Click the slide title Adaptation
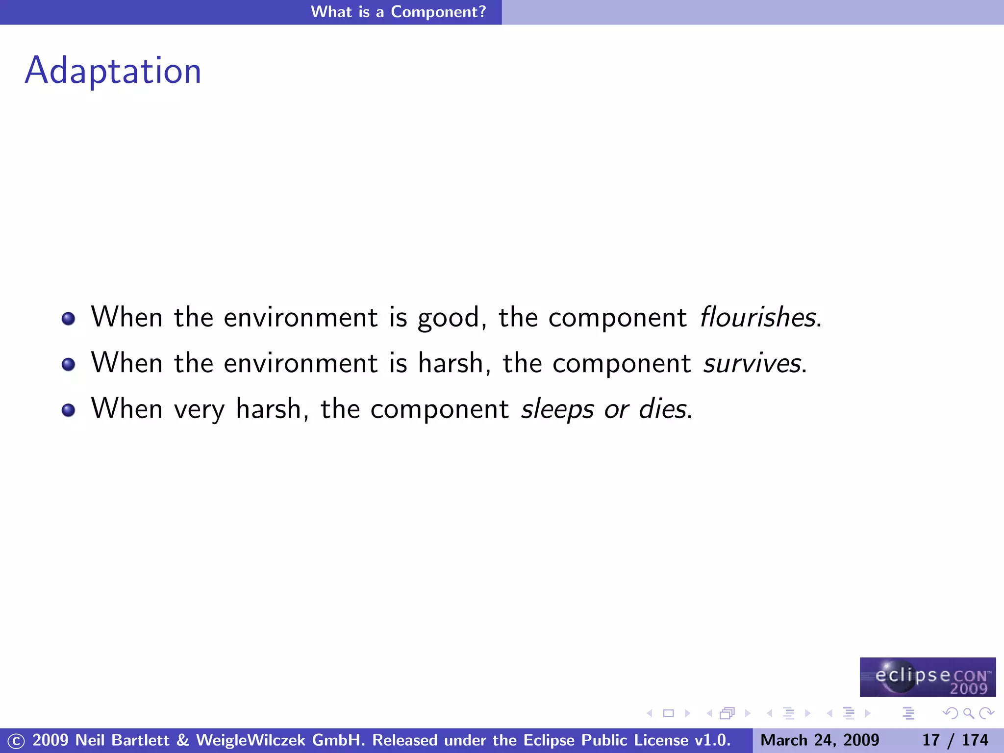(x=113, y=71)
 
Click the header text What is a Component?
(x=398, y=12)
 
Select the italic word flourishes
(x=758, y=317)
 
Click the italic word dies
(x=662, y=409)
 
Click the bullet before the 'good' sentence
(x=69, y=319)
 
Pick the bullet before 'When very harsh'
(x=69, y=410)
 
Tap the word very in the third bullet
(x=199, y=409)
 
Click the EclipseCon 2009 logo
(x=928, y=677)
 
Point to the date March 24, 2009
(x=820, y=740)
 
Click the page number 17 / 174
(x=955, y=740)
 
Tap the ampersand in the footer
(x=183, y=740)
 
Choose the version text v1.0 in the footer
(x=712, y=740)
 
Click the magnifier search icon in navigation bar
(x=968, y=713)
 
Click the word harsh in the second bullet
(x=451, y=363)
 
